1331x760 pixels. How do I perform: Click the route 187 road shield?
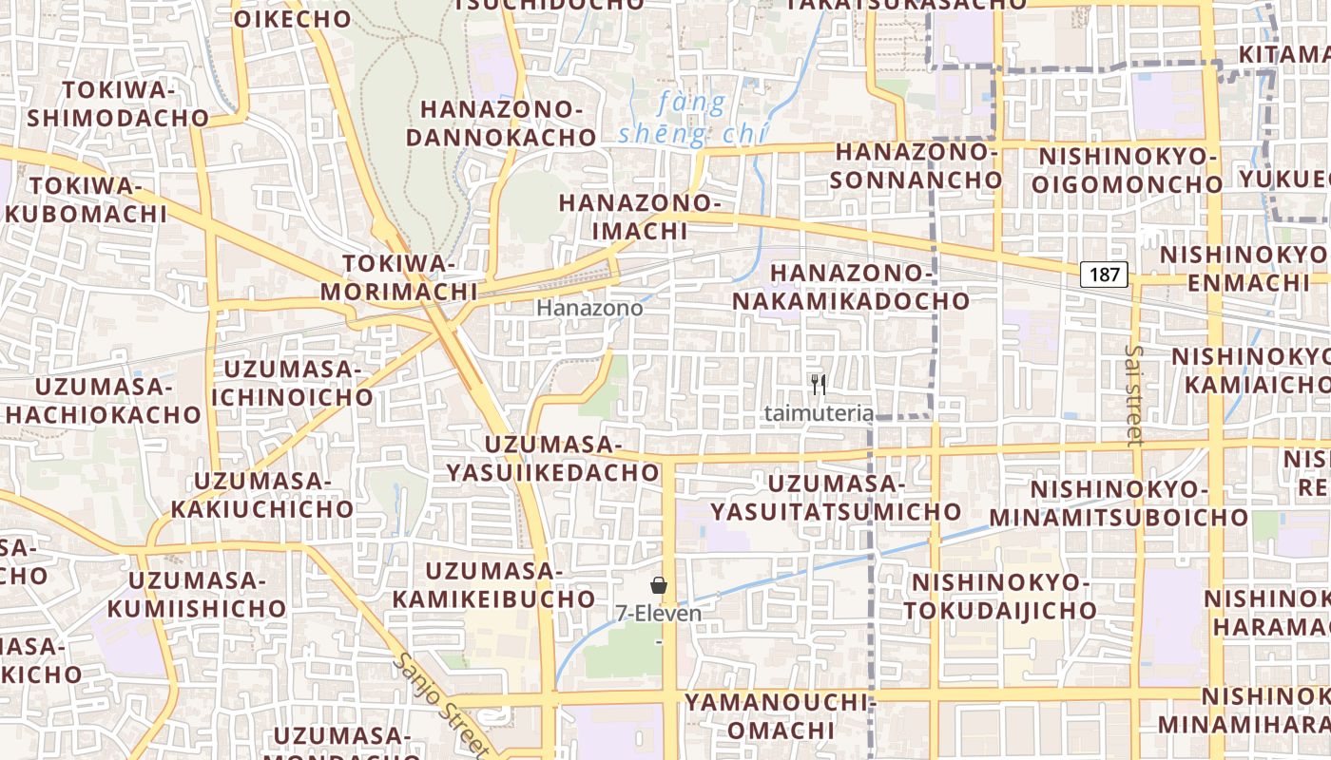[x=1104, y=275]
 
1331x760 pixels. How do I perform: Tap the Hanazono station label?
[x=589, y=309]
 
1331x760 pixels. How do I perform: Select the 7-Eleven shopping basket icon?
[x=658, y=585]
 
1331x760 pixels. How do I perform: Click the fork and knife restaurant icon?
[x=819, y=385]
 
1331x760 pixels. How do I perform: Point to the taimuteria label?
[x=819, y=413]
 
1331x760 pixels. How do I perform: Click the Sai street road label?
[x=1133, y=394]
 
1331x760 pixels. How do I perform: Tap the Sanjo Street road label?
[x=442, y=703]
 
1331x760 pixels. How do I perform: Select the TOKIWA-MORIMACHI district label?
[x=398, y=276]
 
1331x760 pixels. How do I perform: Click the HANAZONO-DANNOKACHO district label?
[x=501, y=123]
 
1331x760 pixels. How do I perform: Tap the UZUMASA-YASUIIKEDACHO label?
[x=553, y=458]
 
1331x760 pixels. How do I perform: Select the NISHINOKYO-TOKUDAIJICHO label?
[x=1000, y=596]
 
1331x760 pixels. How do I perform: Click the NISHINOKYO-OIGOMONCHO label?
[x=1129, y=169]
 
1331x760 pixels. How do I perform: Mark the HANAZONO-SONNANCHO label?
[x=918, y=165]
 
